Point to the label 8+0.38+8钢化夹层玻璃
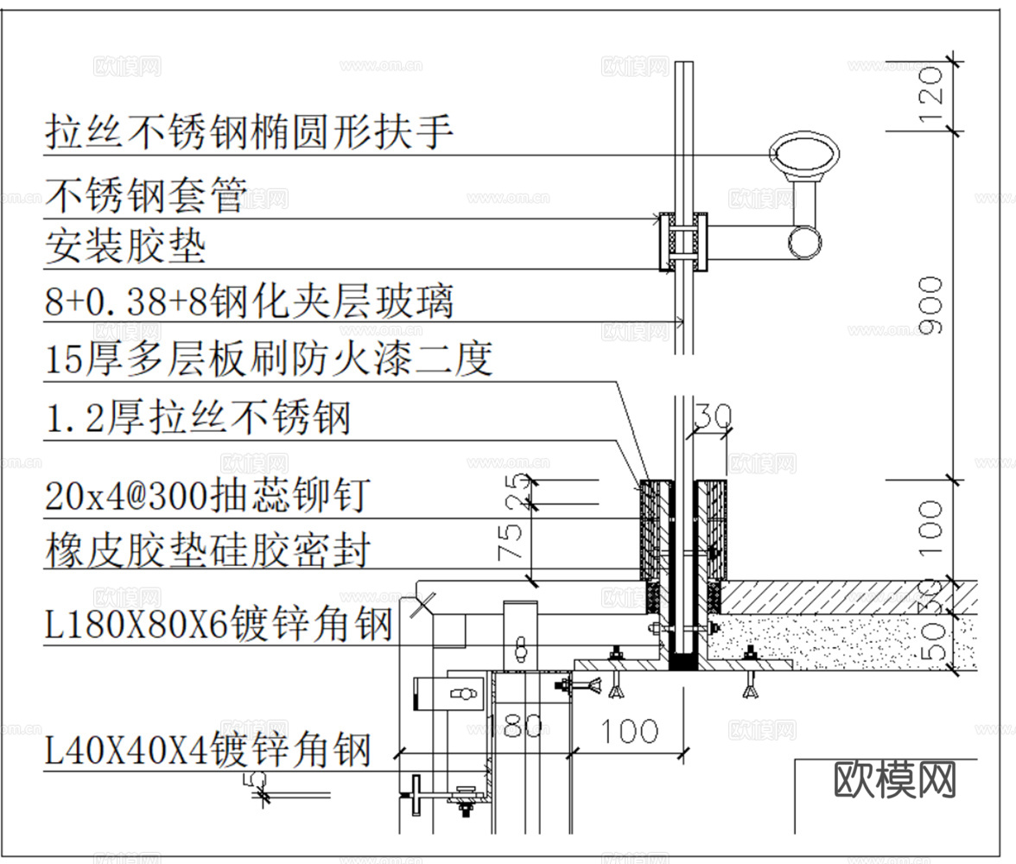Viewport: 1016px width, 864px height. tap(249, 302)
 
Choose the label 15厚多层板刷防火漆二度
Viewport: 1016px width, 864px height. tap(269, 358)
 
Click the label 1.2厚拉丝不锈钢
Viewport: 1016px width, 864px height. tap(198, 418)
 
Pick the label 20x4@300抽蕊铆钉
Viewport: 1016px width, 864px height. tap(207, 496)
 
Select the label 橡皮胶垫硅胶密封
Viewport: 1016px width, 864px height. tap(207, 550)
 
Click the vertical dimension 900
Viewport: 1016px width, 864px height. tap(930, 304)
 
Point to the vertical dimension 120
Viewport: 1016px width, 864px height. tap(930, 95)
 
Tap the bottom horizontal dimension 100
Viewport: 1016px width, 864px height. tap(629, 731)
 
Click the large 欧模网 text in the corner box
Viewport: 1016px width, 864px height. tap(895, 779)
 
